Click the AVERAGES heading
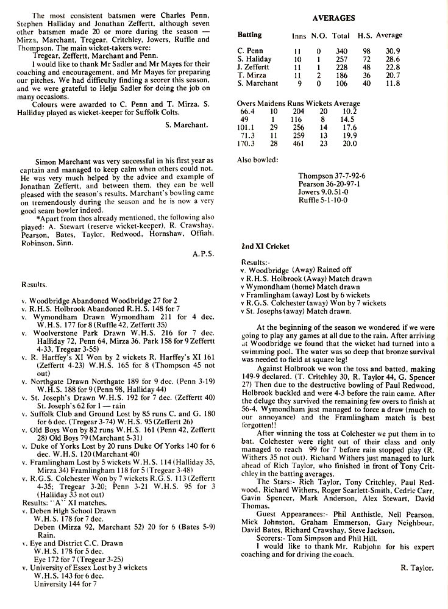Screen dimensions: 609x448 [329, 19]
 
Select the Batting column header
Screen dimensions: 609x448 [249, 35]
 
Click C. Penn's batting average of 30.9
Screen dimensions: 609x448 [389, 51]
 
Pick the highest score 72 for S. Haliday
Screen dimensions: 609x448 [366, 59]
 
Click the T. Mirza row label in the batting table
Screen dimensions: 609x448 [252, 75]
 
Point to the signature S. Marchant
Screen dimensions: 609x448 [187, 126]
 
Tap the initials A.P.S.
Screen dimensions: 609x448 [202, 253]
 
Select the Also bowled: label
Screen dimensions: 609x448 [258, 160]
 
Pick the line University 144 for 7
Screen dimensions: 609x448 [65, 583]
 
